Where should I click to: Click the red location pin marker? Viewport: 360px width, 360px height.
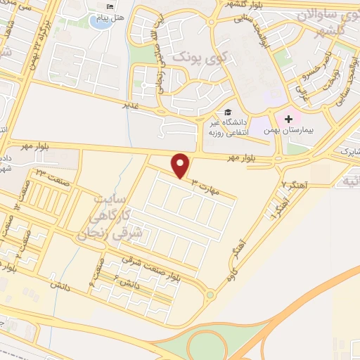[x=181, y=165]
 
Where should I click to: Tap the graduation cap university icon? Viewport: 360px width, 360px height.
[x=227, y=112]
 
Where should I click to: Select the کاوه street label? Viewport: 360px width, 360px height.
[x=227, y=279]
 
